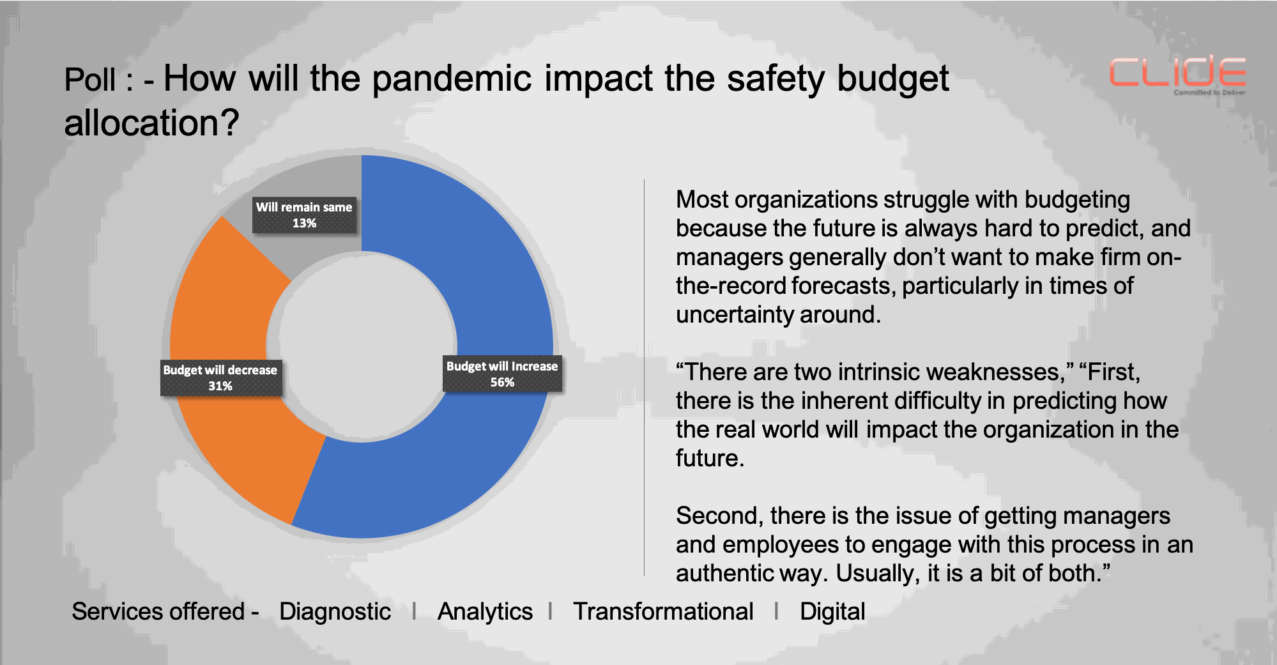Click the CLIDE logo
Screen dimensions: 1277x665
tap(1177, 75)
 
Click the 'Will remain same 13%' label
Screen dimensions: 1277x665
tap(304, 215)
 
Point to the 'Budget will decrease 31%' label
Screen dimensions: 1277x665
tap(220, 378)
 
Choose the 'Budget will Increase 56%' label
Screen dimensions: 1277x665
tap(502, 374)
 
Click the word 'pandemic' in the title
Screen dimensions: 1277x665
tap(452, 80)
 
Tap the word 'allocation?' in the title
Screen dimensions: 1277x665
tap(151, 123)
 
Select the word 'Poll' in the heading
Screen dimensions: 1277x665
tap(90, 80)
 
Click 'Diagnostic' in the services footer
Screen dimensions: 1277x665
tap(335, 612)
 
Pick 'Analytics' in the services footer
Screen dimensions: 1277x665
tap(485, 612)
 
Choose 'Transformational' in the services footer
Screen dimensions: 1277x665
tap(663, 612)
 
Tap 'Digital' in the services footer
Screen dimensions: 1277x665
tap(832, 612)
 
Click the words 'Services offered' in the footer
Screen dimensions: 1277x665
tap(158, 612)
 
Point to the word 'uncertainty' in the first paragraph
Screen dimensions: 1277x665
tap(735, 315)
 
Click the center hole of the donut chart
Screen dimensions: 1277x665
tap(362, 347)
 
